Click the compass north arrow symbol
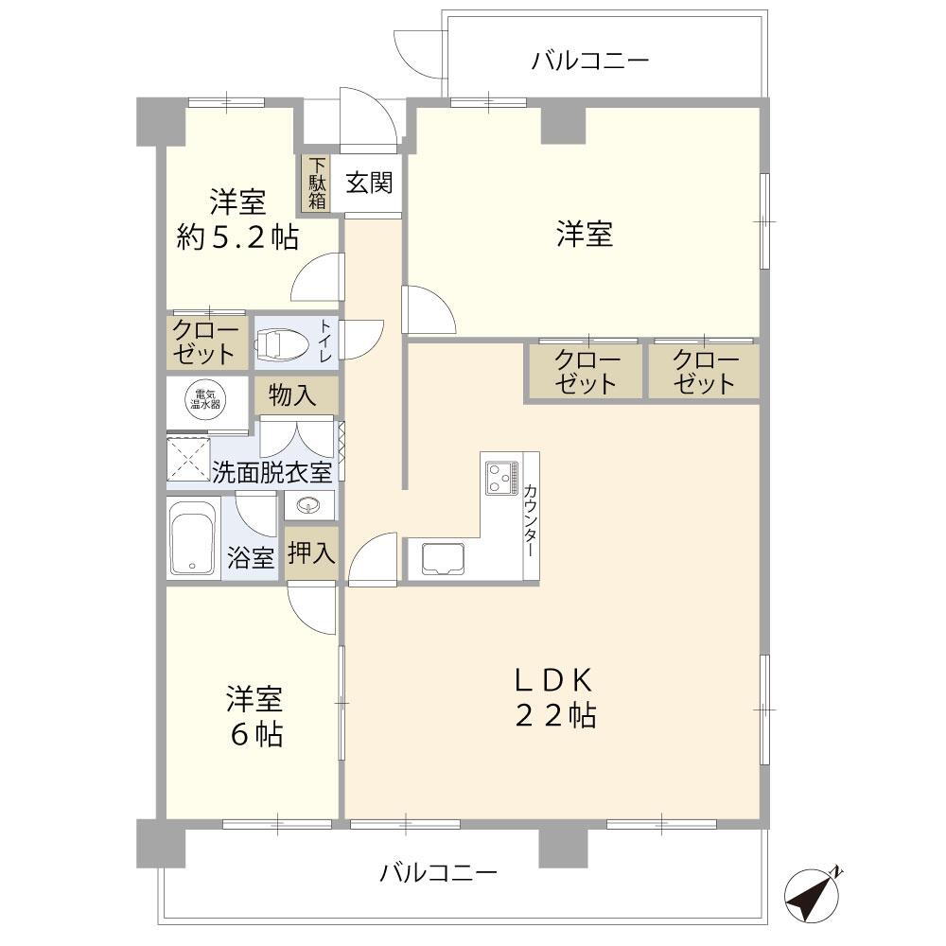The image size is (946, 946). (813, 894)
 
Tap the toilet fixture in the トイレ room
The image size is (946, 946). (281, 344)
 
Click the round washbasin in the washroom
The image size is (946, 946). (308, 505)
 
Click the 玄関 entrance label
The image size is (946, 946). (368, 183)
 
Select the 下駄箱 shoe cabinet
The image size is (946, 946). (317, 184)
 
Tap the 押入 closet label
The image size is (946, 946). (310, 554)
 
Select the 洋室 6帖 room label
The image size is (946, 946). (254, 717)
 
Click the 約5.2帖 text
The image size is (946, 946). (237, 236)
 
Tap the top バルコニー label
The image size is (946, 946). (589, 61)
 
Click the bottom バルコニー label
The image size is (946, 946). (438, 871)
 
